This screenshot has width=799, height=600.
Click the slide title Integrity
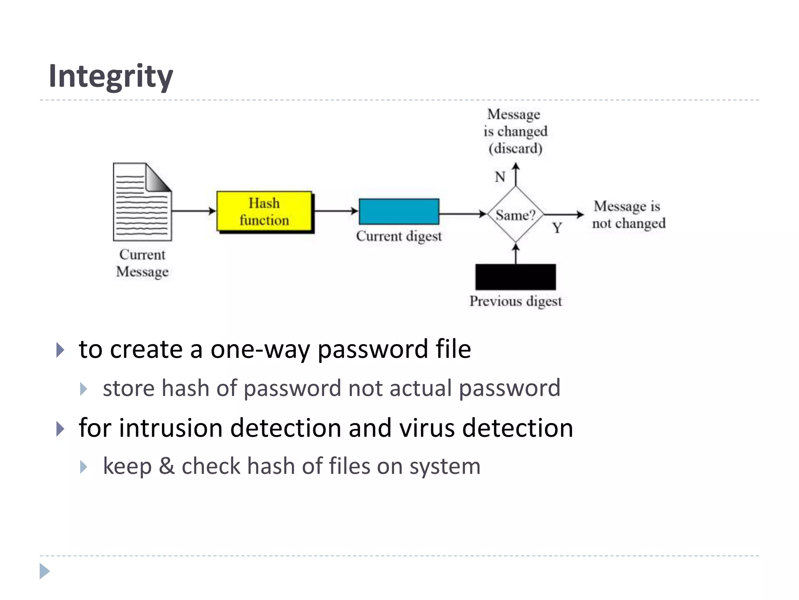pos(111,76)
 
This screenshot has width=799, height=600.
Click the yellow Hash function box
pos(264,211)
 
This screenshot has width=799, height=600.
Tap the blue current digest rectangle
pos(399,211)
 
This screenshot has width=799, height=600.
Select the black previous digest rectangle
pos(515,277)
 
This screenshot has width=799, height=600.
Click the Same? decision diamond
pos(515,214)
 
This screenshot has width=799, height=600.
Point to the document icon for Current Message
pos(142,202)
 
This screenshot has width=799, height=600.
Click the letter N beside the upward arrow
pos(500,177)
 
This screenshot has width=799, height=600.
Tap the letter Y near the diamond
pos(557,228)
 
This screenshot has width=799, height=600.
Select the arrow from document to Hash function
pos(194,211)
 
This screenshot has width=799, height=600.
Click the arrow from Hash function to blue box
pos(336,211)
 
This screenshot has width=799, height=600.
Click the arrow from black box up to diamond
pos(516,254)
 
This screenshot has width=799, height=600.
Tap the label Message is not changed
pos(628,214)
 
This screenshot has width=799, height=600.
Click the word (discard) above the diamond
pos(515,148)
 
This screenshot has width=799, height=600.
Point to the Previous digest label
pos(515,301)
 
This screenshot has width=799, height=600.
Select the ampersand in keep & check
pos(167,466)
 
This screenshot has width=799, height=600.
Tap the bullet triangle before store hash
pos(83,389)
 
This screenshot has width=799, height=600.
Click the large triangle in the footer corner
pos(44,571)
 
